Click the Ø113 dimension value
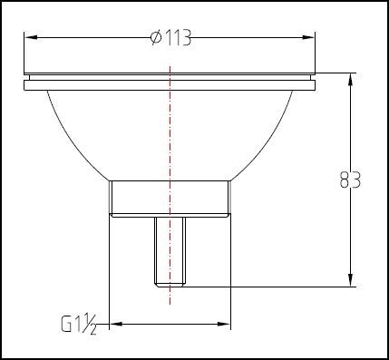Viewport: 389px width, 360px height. [173, 37]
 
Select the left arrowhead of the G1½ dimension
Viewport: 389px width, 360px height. [115, 324]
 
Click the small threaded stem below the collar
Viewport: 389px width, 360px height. [169, 249]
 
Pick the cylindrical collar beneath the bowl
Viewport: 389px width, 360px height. [169, 197]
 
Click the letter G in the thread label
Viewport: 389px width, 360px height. [66, 324]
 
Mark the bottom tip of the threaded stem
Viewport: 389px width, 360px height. [169, 284]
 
